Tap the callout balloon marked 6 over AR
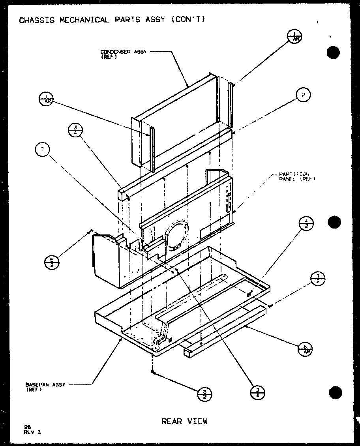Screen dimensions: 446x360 pyautogui.click(x=305, y=349)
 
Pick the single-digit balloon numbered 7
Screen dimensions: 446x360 pyautogui.click(x=42, y=150)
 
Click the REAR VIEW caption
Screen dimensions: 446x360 pyautogui.click(x=184, y=421)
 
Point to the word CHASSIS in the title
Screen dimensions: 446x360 pyautogui.click(x=37, y=20)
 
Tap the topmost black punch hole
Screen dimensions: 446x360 pyautogui.click(x=334, y=53)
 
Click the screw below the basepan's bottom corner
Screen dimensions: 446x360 pyautogui.click(x=152, y=372)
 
